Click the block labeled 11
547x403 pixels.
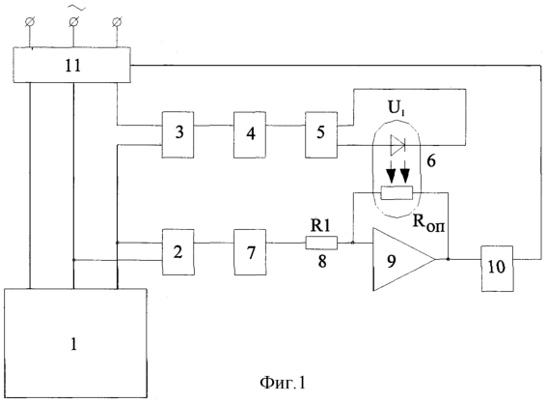pyautogui.click(x=71, y=65)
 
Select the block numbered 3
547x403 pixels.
pyautogui.click(x=178, y=134)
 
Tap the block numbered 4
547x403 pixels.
pyautogui.click(x=250, y=134)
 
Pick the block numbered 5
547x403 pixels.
pyautogui.click(x=321, y=134)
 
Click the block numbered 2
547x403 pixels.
pyautogui.click(x=178, y=252)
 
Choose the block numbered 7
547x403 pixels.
pyautogui.click(x=250, y=252)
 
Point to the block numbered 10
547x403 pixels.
pyautogui.click(x=497, y=269)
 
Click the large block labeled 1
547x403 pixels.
pyautogui.click(x=75, y=343)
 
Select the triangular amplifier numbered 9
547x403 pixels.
pyautogui.click(x=404, y=259)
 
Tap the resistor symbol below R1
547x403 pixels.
pyautogui.click(x=321, y=243)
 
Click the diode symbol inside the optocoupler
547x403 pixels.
pyautogui.click(x=397, y=145)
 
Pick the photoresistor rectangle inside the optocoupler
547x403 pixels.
pyautogui.click(x=397, y=192)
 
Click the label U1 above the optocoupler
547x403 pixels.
pyautogui.click(x=397, y=108)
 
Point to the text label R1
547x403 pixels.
pyautogui.click(x=320, y=226)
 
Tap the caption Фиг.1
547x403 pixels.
pyautogui.click(x=283, y=383)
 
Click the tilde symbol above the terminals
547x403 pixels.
pyautogui.click(x=76, y=7)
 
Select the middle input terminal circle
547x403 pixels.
pyautogui.click(x=73, y=22)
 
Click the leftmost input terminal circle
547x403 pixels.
pyautogui.click(x=30, y=22)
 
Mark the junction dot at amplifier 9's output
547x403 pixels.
pyautogui.click(x=448, y=259)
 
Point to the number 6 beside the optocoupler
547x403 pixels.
pyautogui.click(x=431, y=161)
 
